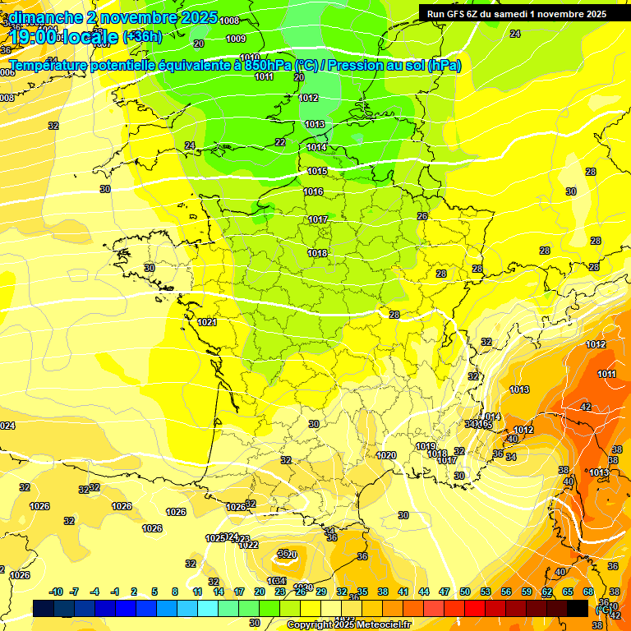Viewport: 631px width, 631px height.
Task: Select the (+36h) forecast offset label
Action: coord(142,36)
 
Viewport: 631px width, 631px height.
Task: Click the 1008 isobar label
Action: coord(230,21)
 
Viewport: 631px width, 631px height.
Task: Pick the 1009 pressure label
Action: coord(236,39)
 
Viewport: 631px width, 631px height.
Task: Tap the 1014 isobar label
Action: coord(316,147)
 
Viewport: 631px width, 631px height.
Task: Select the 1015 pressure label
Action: coord(317,171)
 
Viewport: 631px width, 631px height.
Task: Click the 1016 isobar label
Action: coord(313,191)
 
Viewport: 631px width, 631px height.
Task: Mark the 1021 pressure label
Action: coord(207,322)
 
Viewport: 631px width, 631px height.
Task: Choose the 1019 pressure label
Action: coord(426,446)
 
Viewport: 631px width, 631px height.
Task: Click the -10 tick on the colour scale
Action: coord(57,592)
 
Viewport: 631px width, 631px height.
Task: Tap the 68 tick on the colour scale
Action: coord(588,592)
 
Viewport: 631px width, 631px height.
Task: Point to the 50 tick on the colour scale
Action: coord(465,592)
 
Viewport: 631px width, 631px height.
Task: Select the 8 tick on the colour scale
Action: coord(175,592)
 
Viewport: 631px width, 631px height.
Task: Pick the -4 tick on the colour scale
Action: coord(94,592)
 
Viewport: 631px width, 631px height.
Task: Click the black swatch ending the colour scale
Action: coord(578,608)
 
